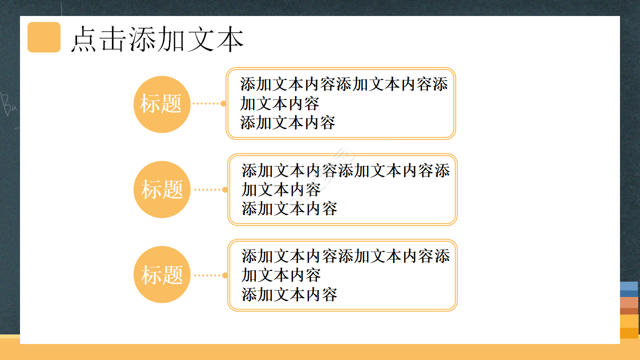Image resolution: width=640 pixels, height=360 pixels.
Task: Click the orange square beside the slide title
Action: coord(44,37)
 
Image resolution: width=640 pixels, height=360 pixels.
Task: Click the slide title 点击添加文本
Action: coord(157,39)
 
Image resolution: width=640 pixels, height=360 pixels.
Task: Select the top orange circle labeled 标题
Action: coord(161,104)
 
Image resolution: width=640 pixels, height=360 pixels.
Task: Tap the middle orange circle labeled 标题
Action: coord(162,189)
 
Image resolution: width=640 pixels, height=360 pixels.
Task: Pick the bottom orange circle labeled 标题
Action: coord(162,274)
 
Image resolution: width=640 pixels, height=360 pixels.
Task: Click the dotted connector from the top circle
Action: coord(206,104)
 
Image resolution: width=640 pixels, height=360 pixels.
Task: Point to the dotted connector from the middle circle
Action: coord(207,189)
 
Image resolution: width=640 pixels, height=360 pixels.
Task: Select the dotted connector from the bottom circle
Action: coord(207,275)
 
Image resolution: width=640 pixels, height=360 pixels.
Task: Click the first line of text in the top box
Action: coord(343,84)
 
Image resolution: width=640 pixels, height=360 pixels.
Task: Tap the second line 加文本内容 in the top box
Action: coord(279,103)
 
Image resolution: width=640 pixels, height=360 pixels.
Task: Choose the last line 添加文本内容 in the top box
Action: coord(287,122)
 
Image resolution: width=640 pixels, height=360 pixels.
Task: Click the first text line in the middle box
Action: coord(345,170)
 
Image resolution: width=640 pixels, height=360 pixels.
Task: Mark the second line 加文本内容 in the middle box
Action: coord(281,189)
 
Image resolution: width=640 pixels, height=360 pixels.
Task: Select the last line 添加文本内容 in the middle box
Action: coord(289,208)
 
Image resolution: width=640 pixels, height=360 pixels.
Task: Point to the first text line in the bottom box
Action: coord(345,256)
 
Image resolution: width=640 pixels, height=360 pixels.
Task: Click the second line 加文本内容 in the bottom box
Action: coord(281,275)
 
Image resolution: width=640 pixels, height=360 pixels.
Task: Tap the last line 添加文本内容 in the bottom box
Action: coord(289,294)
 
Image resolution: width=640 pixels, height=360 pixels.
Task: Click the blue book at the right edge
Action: coord(629,286)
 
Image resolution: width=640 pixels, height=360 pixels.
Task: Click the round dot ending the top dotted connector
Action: coord(223,104)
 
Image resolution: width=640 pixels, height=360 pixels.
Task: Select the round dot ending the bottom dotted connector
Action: coord(225,275)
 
